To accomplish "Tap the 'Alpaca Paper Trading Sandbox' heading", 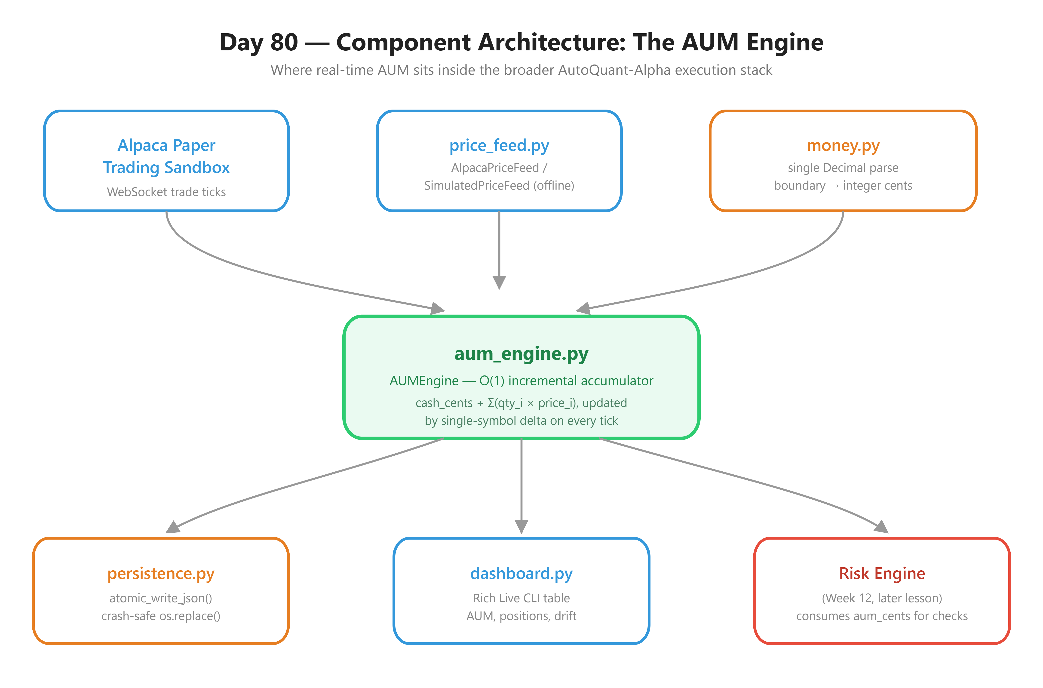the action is (x=166, y=156).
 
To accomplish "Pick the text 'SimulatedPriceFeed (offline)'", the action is (x=499, y=186).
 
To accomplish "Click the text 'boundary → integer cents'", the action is (x=843, y=186).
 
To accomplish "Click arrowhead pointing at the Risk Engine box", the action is (x=882, y=527).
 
